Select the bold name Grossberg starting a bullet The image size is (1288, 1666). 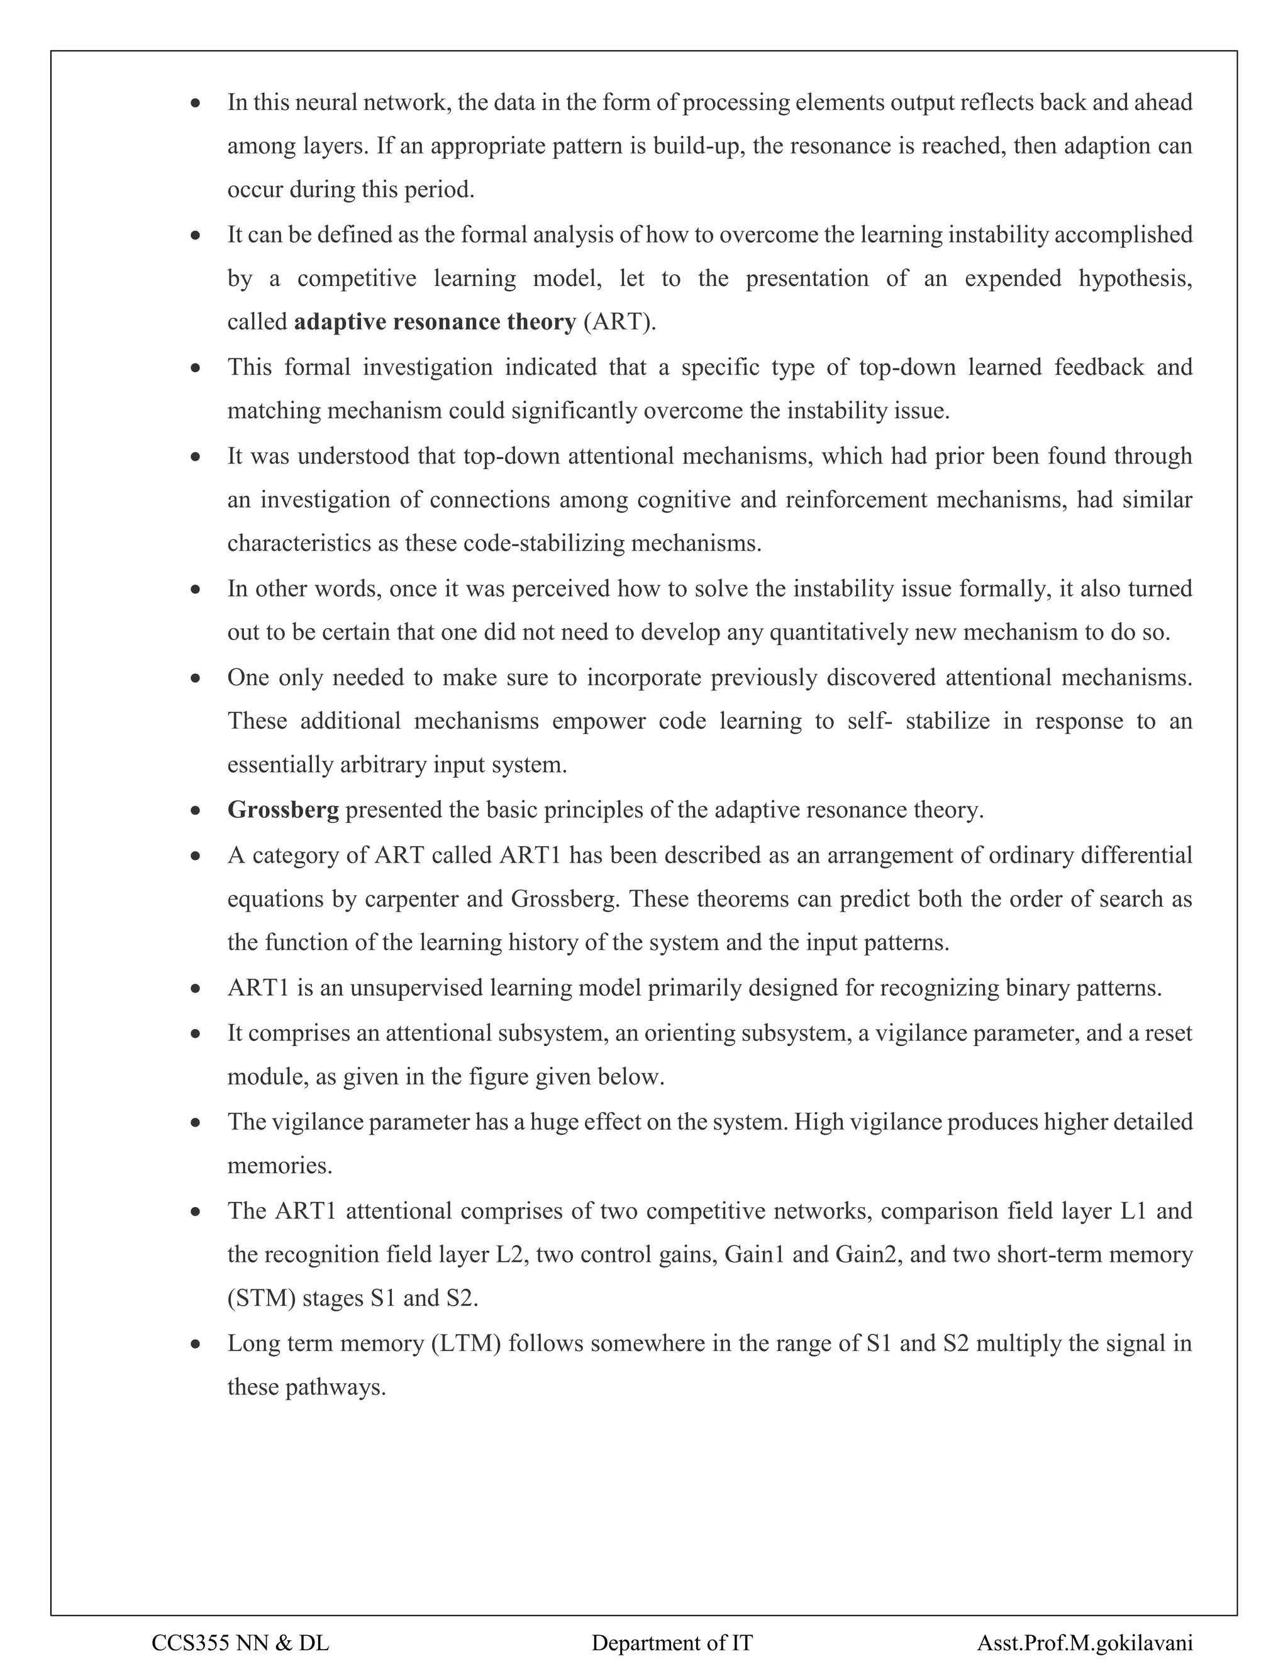pyautogui.click(x=282, y=810)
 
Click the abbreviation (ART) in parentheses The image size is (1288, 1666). pyautogui.click(x=619, y=323)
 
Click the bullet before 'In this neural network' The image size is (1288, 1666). pyautogui.click(x=196, y=103)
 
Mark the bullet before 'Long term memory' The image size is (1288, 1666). pyautogui.click(x=196, y=1344)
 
